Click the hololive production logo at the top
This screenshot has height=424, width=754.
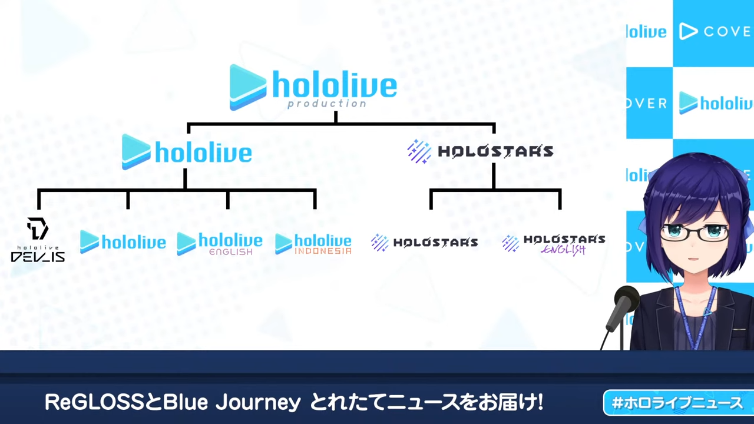313,87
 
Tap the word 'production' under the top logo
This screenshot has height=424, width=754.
327,104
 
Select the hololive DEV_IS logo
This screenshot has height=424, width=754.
38,240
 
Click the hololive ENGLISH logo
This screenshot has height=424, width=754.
220,244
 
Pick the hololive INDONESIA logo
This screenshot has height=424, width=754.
313,244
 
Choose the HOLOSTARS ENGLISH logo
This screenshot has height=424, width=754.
554,244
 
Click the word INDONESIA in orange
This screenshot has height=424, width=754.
323,251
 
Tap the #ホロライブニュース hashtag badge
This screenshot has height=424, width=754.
678,403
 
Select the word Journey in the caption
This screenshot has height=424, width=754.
258,403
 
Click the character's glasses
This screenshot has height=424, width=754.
694,233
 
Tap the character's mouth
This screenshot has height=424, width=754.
693,259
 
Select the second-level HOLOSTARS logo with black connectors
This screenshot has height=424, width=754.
480,151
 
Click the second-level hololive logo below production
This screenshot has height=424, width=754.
187,152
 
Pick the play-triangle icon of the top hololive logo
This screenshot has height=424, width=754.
248,87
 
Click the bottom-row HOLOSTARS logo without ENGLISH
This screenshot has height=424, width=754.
425,243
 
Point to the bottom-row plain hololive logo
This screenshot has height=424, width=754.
123,241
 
